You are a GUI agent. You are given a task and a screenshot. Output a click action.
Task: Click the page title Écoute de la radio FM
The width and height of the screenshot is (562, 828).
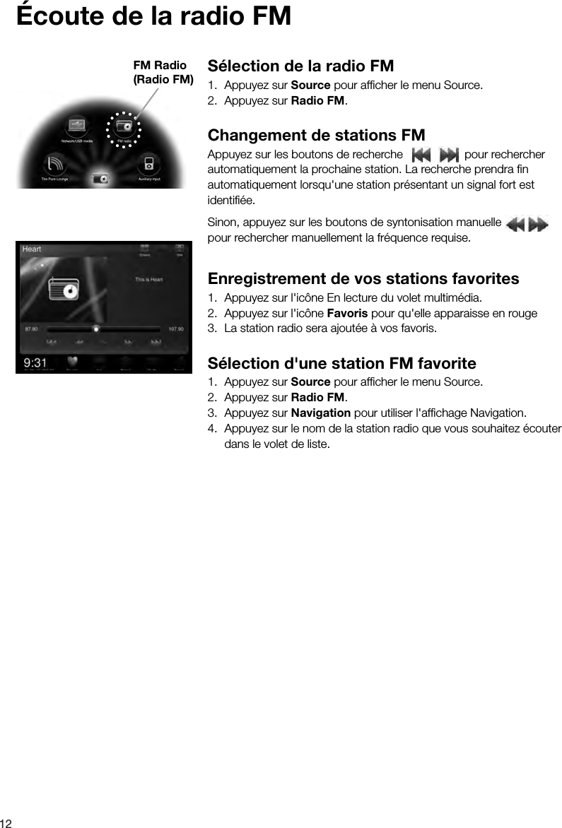point(154,16)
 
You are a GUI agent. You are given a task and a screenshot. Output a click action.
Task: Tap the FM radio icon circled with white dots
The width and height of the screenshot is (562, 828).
point(124,128)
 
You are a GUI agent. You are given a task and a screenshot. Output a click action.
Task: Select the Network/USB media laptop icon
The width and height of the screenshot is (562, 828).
point(77,126)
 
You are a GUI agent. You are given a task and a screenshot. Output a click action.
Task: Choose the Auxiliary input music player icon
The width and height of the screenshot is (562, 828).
point(147,164)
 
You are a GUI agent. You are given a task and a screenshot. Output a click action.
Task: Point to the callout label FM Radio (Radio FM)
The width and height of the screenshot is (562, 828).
point(163,72)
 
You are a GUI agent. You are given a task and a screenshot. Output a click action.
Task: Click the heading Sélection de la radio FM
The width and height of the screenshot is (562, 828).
point(300,66)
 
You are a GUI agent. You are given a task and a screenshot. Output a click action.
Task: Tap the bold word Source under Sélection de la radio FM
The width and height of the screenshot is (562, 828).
point(310,85)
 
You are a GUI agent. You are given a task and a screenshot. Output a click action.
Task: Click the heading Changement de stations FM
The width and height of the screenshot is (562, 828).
point(316,135)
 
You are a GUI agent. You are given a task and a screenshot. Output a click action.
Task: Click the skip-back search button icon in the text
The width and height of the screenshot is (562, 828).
point(421,154)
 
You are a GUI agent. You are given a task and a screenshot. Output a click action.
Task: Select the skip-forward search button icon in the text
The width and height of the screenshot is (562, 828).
point(448,154)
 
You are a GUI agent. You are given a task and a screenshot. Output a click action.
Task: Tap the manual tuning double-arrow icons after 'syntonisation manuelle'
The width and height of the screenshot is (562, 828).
point(527,225)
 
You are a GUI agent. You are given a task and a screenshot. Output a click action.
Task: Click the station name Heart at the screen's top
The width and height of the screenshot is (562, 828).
point(32,249)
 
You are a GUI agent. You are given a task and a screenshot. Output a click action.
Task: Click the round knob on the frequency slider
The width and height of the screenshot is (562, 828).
point(96,329)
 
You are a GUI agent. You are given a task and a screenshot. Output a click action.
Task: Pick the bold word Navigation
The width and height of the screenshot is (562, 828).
point(320,413)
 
